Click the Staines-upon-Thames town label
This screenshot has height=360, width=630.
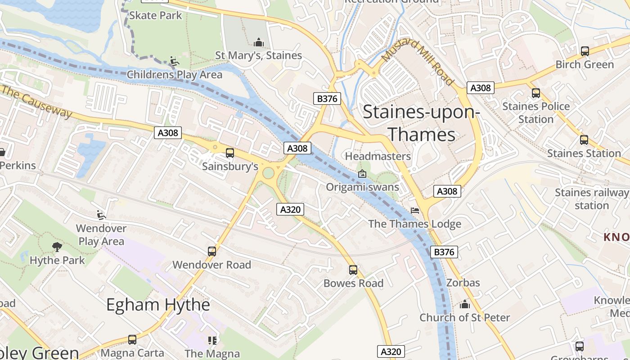(420, 123)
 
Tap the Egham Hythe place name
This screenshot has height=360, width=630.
(158, 305)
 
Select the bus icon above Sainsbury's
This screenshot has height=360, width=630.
(230, 153)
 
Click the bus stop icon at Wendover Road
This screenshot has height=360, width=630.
(212, 252)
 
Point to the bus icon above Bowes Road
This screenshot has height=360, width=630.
(353, 270)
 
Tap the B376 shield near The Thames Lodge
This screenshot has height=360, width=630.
(444, 252)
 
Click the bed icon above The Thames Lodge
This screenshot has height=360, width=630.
(415, 211)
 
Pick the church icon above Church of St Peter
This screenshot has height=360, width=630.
(465, 305)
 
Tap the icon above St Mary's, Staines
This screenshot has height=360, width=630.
(259, 42)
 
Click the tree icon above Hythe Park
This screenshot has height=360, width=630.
(57, 247)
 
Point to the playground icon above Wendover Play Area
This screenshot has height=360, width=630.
(101, 215)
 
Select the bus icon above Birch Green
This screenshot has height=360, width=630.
(585, 51)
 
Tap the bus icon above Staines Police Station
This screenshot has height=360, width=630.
(535, 93)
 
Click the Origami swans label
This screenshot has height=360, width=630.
(362, 187)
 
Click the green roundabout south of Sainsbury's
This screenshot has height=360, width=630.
(268, 173)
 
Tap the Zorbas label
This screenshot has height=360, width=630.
(463, 283)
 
